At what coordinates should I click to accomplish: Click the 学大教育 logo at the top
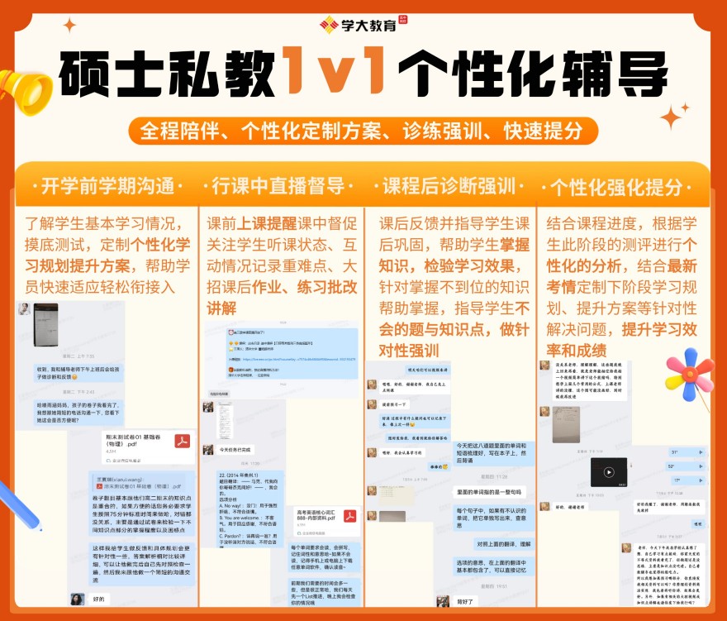[363, 24]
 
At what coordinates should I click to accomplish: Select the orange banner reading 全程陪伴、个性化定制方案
[363, 131]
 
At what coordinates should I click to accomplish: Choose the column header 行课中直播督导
[278, 184]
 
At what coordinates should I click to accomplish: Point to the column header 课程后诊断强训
[449, 184]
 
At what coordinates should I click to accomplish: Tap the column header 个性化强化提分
[621, 184]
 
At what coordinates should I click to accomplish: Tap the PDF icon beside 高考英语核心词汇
[349, 517]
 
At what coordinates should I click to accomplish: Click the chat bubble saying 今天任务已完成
[235, 450]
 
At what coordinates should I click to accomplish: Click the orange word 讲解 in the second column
[221, 308]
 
